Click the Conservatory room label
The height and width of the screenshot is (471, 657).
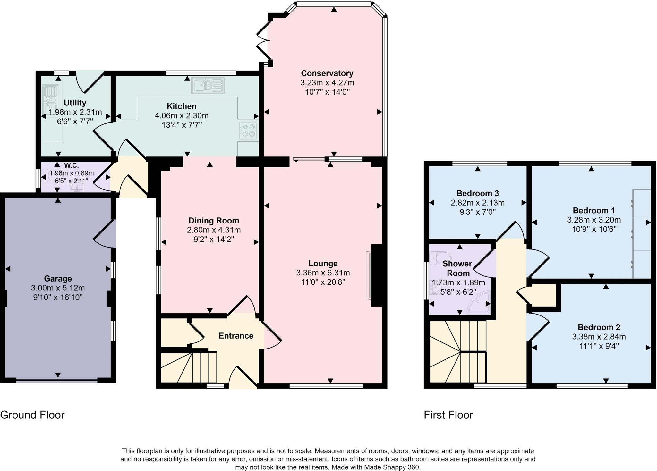pos(327,73)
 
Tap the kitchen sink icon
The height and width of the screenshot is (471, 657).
pos(208,85)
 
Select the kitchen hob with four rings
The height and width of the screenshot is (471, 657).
pos(248,130)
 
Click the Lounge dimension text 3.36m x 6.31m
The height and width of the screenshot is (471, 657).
pos(323,273)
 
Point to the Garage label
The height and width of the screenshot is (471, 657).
pos(58,278)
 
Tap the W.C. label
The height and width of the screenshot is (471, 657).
pos(71,165)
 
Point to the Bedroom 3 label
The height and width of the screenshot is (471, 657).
pos(477,193)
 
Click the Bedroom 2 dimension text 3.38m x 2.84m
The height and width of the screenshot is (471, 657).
pos(599,337)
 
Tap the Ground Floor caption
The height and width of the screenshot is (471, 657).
pos(32,415)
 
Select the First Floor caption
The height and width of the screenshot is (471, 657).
pos(448,415)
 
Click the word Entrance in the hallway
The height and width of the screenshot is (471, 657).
pos(236,336)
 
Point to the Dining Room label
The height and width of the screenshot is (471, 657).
pos(214,221)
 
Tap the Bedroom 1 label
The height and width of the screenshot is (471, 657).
pos(593,210)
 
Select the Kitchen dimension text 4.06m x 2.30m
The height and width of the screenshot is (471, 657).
pos(182,115)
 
